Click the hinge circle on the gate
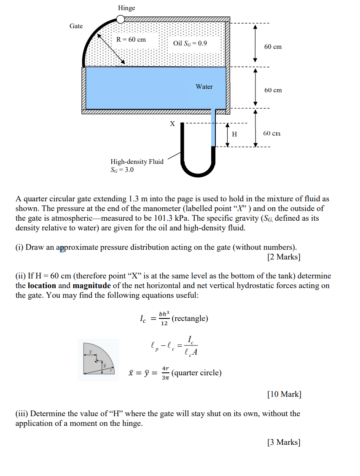121,19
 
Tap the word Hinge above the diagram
126,8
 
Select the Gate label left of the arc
76,26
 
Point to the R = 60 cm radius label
131,40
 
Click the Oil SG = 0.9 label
190,43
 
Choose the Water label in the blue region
204,87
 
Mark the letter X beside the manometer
172,124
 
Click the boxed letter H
235,134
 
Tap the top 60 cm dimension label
273,47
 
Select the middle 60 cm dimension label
273,90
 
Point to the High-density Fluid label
137,162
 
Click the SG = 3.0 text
122,170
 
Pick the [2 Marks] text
284,257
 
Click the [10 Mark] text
284,394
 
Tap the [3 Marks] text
284,442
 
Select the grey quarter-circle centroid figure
98,360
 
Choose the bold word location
42,286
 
